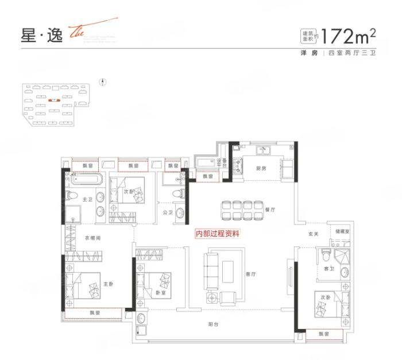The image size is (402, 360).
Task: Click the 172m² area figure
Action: tap(349, 36)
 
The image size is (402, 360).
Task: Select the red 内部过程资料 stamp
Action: tap(218, 234)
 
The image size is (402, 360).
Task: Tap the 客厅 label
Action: tap(250, 274)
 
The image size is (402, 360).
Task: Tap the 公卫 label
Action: tap(168, 212)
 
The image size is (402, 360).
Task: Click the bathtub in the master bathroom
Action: tap(85, 179)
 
